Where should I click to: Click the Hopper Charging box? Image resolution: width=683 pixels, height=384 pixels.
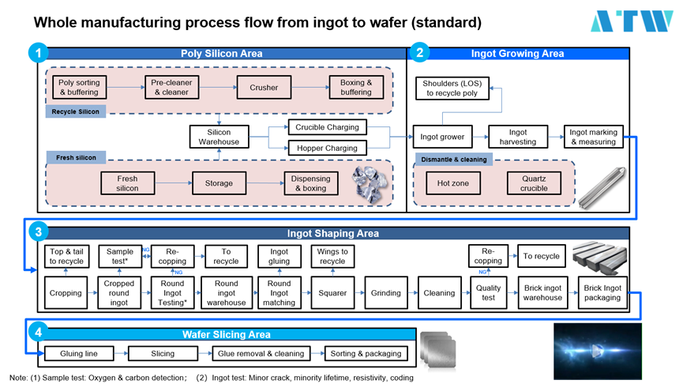327,148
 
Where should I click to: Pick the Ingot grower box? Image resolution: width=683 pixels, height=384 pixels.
442,137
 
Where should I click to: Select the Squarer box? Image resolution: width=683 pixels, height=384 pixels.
332,292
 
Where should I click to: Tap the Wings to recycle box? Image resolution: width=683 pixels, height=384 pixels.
332,256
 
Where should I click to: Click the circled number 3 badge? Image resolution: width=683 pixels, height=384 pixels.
37,233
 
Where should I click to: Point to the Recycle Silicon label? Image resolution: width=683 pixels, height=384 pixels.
76,111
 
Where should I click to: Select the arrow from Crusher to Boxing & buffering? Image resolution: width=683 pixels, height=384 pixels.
308,87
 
